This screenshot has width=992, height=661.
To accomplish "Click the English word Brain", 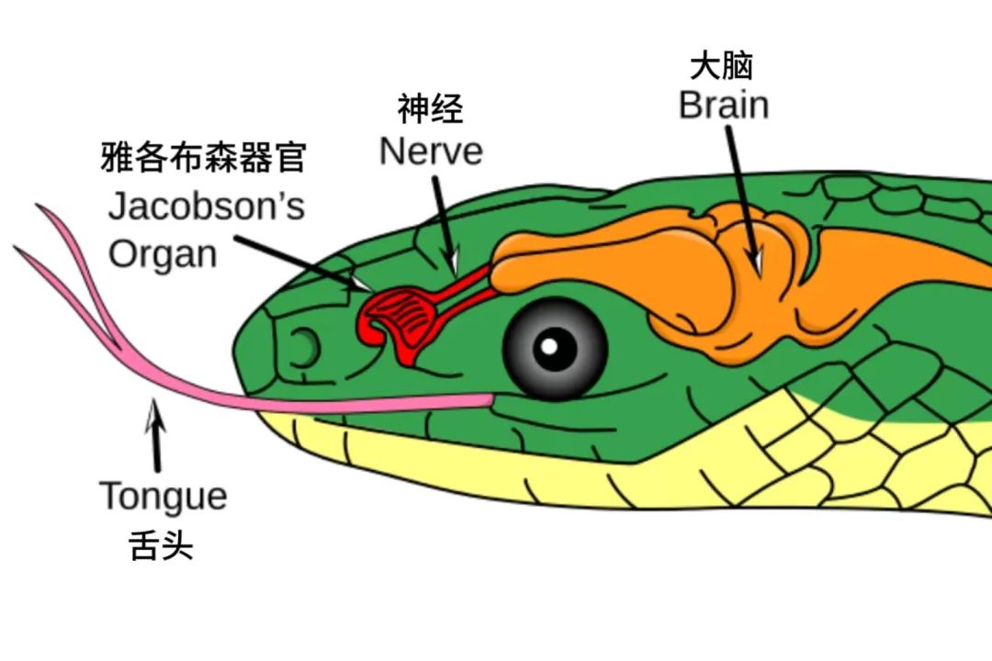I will click(x=724, y=105).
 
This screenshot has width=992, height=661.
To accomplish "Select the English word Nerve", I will click(x=431, y=151).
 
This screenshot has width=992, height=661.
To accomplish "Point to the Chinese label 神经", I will click(x=431, y=110).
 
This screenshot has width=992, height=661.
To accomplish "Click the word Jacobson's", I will click(x=206, y=207).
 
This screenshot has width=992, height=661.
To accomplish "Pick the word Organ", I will click(x=163, y=253).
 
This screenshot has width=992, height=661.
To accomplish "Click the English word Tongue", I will click(x=163, y=496).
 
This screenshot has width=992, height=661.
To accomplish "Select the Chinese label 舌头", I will click(x=163, y=547).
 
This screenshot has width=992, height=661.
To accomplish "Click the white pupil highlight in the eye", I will click(x=549, y=347).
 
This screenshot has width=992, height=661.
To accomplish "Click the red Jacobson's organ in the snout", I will click(x=390, y=317).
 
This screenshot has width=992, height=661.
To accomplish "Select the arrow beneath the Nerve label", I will click(x=443, y=220).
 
